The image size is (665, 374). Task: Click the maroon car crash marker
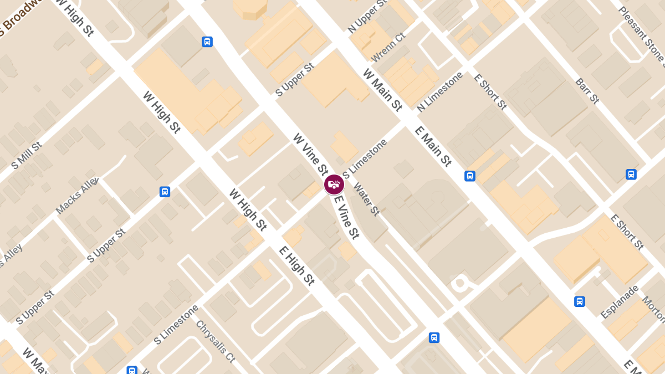[x=334, y=184]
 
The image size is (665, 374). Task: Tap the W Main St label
[x=382, y=90]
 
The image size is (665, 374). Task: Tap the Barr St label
[x=587, y=91]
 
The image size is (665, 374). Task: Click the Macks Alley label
[x=77, y=196]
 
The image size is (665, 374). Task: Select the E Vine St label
[x=347, y=217]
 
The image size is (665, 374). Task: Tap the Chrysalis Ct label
[x=216, y=340]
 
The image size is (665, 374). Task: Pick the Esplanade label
[x=620, y=301]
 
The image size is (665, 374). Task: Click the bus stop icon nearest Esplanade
[x=579, y=301]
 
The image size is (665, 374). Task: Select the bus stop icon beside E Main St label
[x=469, y=176]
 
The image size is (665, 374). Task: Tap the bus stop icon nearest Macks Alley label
[x=165, y=192]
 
